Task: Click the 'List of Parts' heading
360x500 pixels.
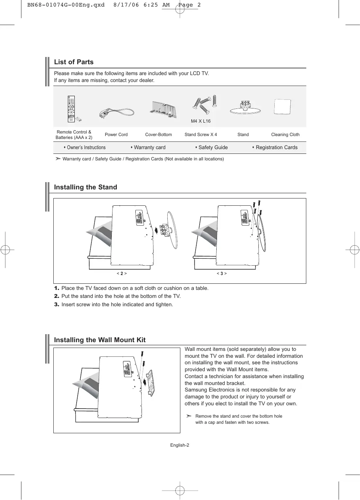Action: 74,62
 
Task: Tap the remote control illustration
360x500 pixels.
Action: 71,109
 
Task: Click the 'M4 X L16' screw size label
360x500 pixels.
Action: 201,121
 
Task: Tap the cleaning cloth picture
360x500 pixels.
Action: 282,107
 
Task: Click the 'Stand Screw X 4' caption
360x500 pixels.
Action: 201,135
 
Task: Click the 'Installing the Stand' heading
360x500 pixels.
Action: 86,187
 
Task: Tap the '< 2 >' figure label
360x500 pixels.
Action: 122,273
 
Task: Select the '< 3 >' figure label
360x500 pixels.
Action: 222,273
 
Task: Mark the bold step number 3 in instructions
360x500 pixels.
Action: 57,304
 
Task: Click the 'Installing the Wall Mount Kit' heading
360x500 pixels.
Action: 100,340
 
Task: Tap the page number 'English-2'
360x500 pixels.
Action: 180,445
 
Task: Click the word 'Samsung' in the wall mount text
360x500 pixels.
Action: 196,390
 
